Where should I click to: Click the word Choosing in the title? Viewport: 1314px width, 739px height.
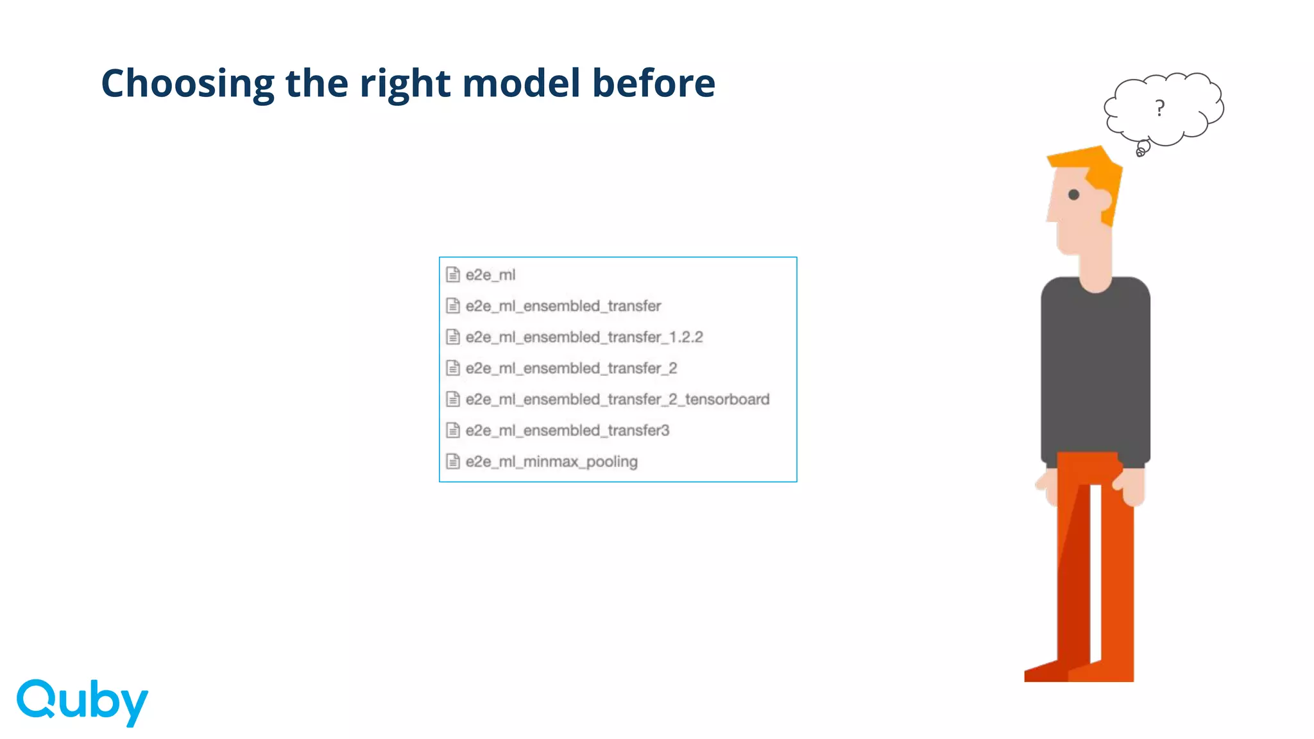[x=188, y=84]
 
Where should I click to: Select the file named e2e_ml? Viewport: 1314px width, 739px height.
[x=490, y=275]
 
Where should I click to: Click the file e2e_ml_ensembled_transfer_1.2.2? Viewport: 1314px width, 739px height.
[x=584, y=337]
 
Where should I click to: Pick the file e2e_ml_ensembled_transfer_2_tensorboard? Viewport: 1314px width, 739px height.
[x=617, y=400]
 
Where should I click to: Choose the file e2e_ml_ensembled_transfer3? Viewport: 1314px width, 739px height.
[x=567, y=430]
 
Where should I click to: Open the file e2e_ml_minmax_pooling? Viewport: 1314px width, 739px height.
[x=551, y=462]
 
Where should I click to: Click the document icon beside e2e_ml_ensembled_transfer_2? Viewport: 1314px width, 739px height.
[x=453, y=368]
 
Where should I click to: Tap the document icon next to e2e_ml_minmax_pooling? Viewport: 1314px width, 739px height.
[x=453, y=462]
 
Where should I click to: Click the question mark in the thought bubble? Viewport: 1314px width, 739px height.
[x=1159, y=108]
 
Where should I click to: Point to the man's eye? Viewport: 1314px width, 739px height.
[x=1073, y=194]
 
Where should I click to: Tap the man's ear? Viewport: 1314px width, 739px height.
[x=1104, y=200]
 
